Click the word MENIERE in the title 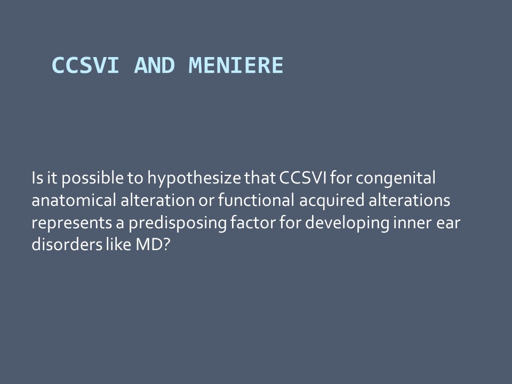(x=236, y=65)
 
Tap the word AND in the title (x=155, y=65)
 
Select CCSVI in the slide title (x=85, y=65)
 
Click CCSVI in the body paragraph (x=303, y=178)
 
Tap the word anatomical (x=74, y=200)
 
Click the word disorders (x=67, y=244)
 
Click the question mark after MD (x=166, y=245)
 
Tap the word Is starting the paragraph (x=37, y=178)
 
